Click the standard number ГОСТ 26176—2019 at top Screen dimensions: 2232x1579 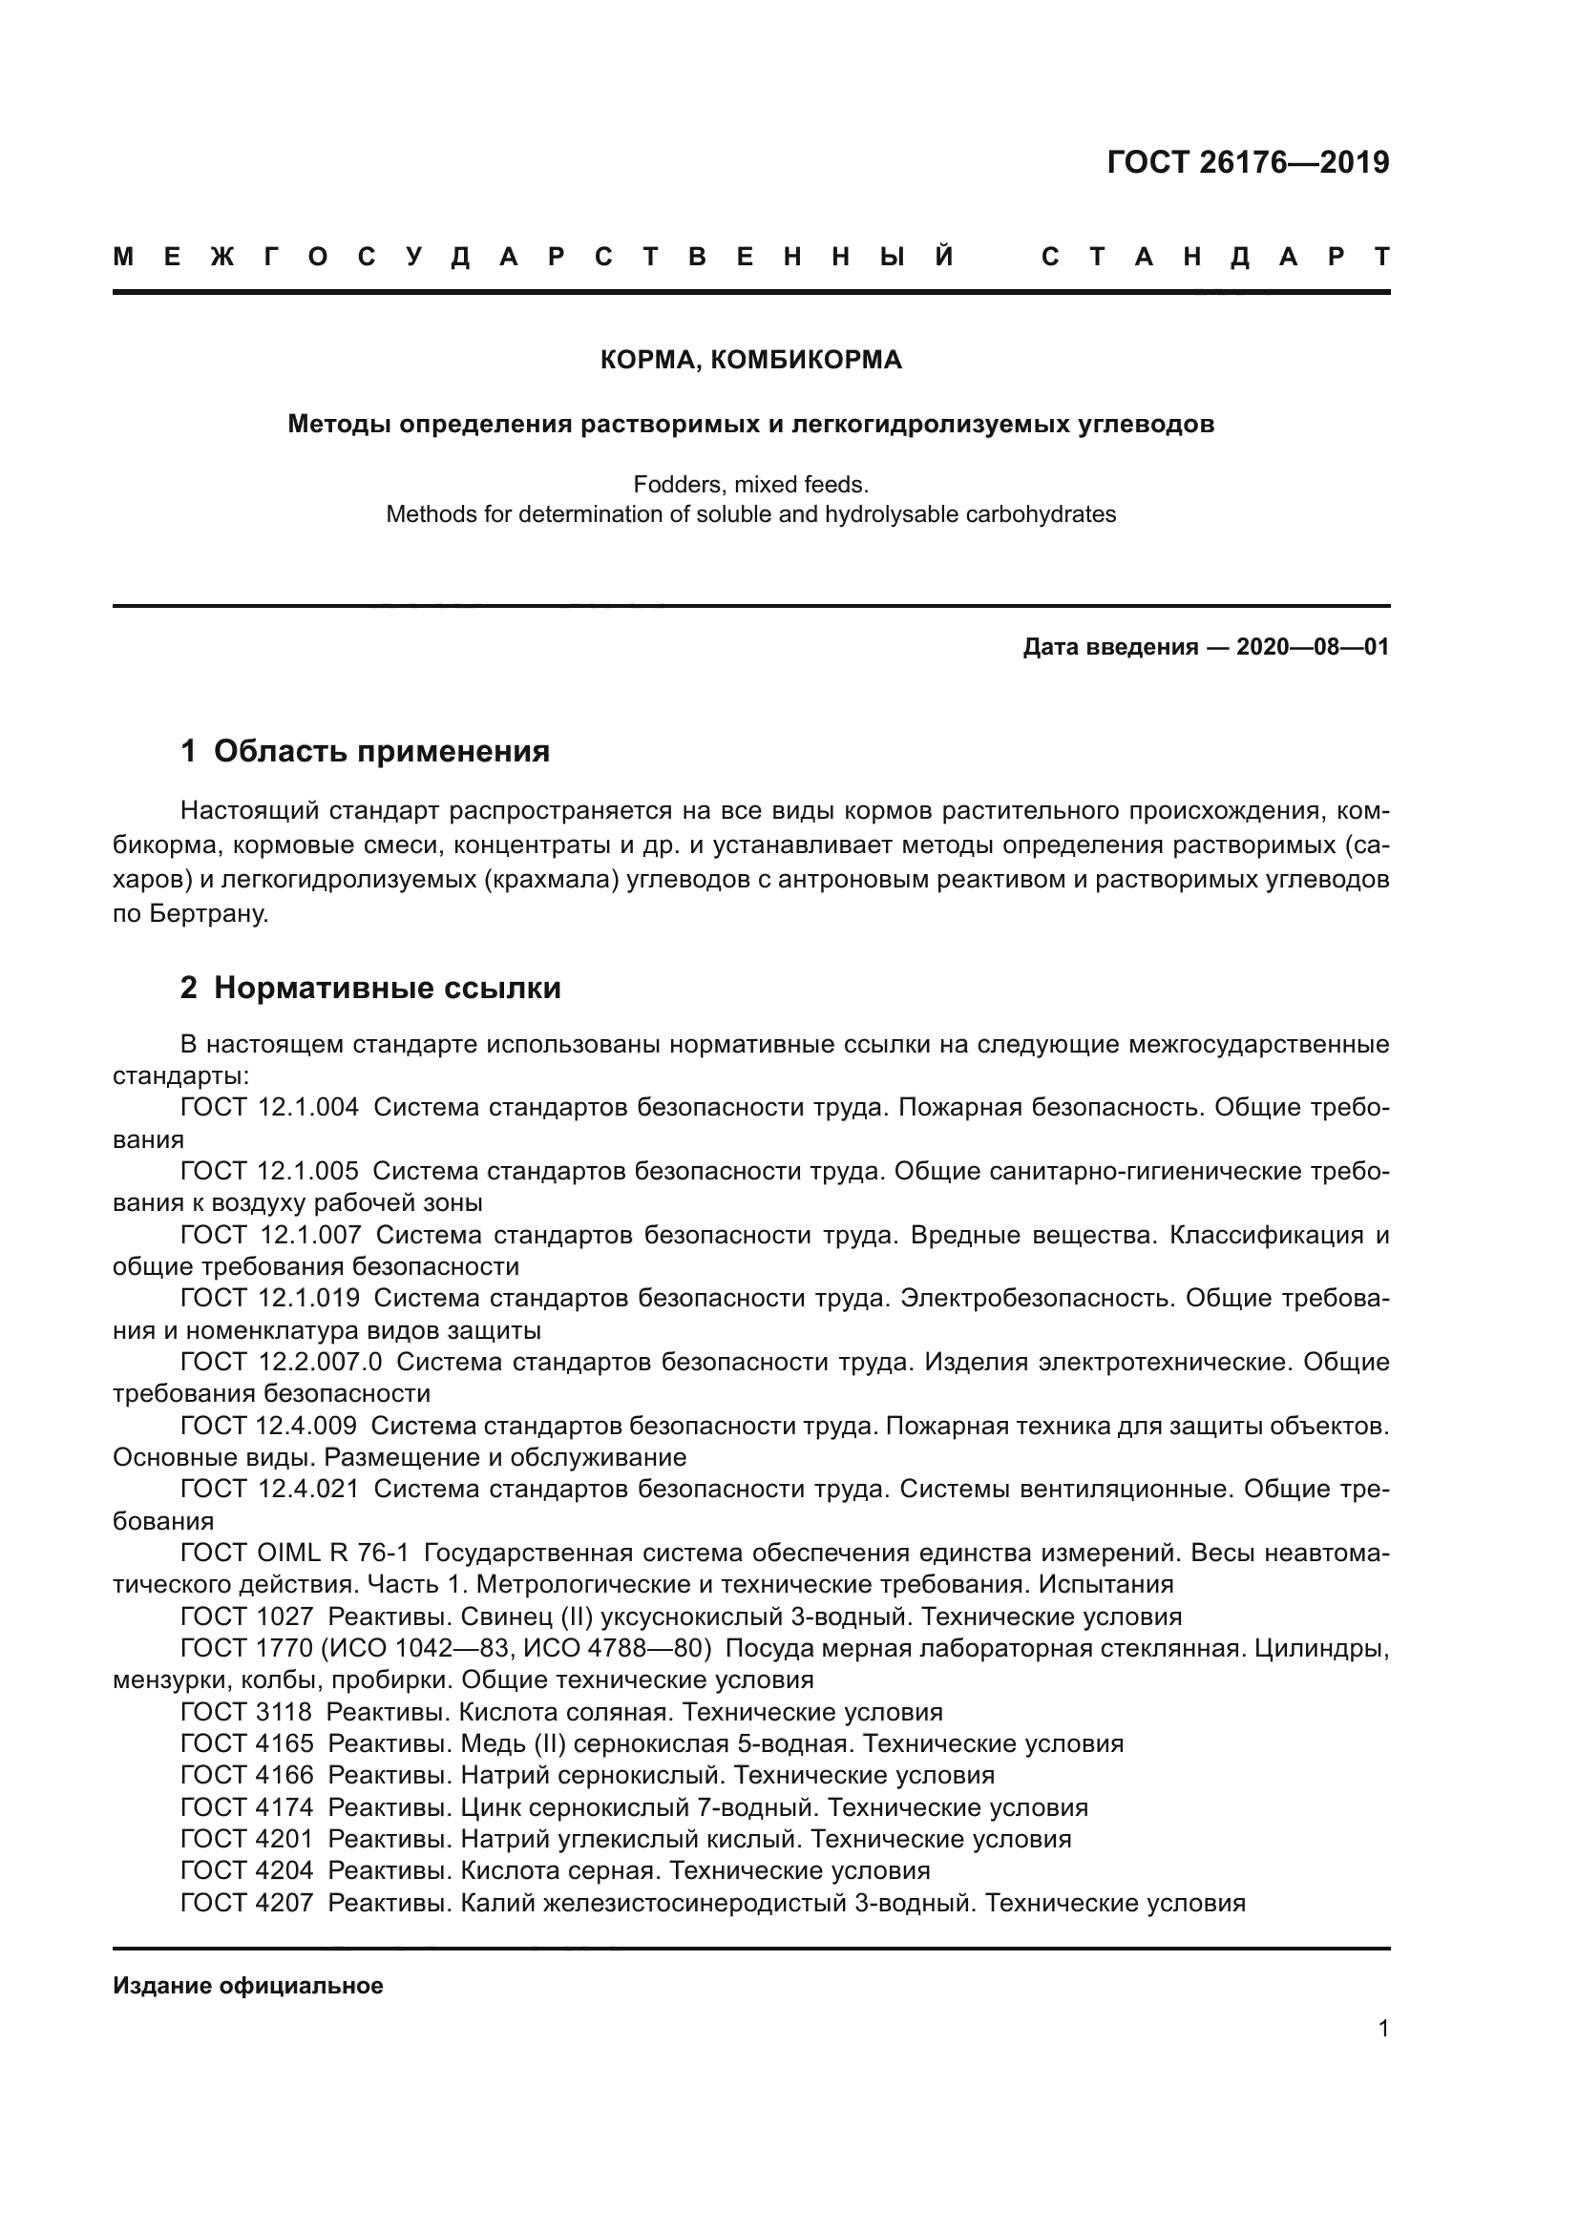coord(1248,162)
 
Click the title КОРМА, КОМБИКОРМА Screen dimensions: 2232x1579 coord(750,361)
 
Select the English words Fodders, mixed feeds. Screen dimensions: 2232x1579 coord(750,484)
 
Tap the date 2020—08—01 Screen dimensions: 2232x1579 coord(1313,647)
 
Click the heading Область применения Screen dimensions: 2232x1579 coord(381,751)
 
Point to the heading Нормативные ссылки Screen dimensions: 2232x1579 coord(387,989)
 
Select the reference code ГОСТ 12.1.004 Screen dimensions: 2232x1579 coord(269,1107)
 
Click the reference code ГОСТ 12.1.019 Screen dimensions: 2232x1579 coord(269,1298)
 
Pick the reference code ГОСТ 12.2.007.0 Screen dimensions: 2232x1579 coord(281,1362)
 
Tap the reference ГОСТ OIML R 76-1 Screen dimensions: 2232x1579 coord(295,1554)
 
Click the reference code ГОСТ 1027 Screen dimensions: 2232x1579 coord(247,1617)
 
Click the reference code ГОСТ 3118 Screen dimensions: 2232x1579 coord(246,1712)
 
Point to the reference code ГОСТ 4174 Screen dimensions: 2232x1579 coord(247,1807)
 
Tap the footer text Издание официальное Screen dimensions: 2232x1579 coord(248,1986)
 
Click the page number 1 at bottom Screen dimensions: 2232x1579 coord(1383,2029)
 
